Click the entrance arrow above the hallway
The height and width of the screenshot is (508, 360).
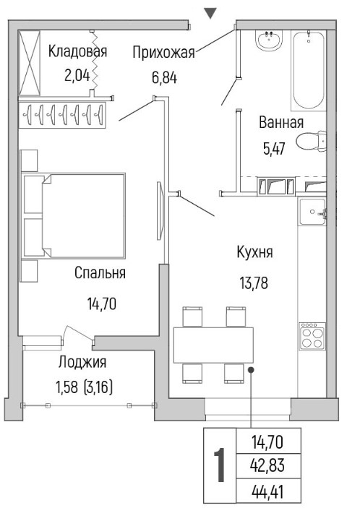click(210, 13)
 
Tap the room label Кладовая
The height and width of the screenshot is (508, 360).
click(77, 51)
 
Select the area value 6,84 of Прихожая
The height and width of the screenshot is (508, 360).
click(165, 78)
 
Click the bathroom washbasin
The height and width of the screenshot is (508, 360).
click(269, 40)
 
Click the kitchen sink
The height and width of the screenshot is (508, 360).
click(312, 212)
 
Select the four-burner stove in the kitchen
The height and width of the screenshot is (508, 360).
click(312, 336)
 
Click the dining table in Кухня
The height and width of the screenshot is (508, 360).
click(213, 345)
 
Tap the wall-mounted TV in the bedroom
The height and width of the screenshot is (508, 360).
click(160, 210)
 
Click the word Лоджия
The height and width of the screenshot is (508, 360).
click(82, 362)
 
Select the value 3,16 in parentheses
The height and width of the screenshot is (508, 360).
click(98, 388)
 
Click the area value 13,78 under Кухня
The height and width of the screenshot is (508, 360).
click(254, 283)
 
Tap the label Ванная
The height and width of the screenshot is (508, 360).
click(281, 123)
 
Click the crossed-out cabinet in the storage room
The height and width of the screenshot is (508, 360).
click(29, 63)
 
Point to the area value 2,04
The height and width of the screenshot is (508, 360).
click(77, 76)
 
